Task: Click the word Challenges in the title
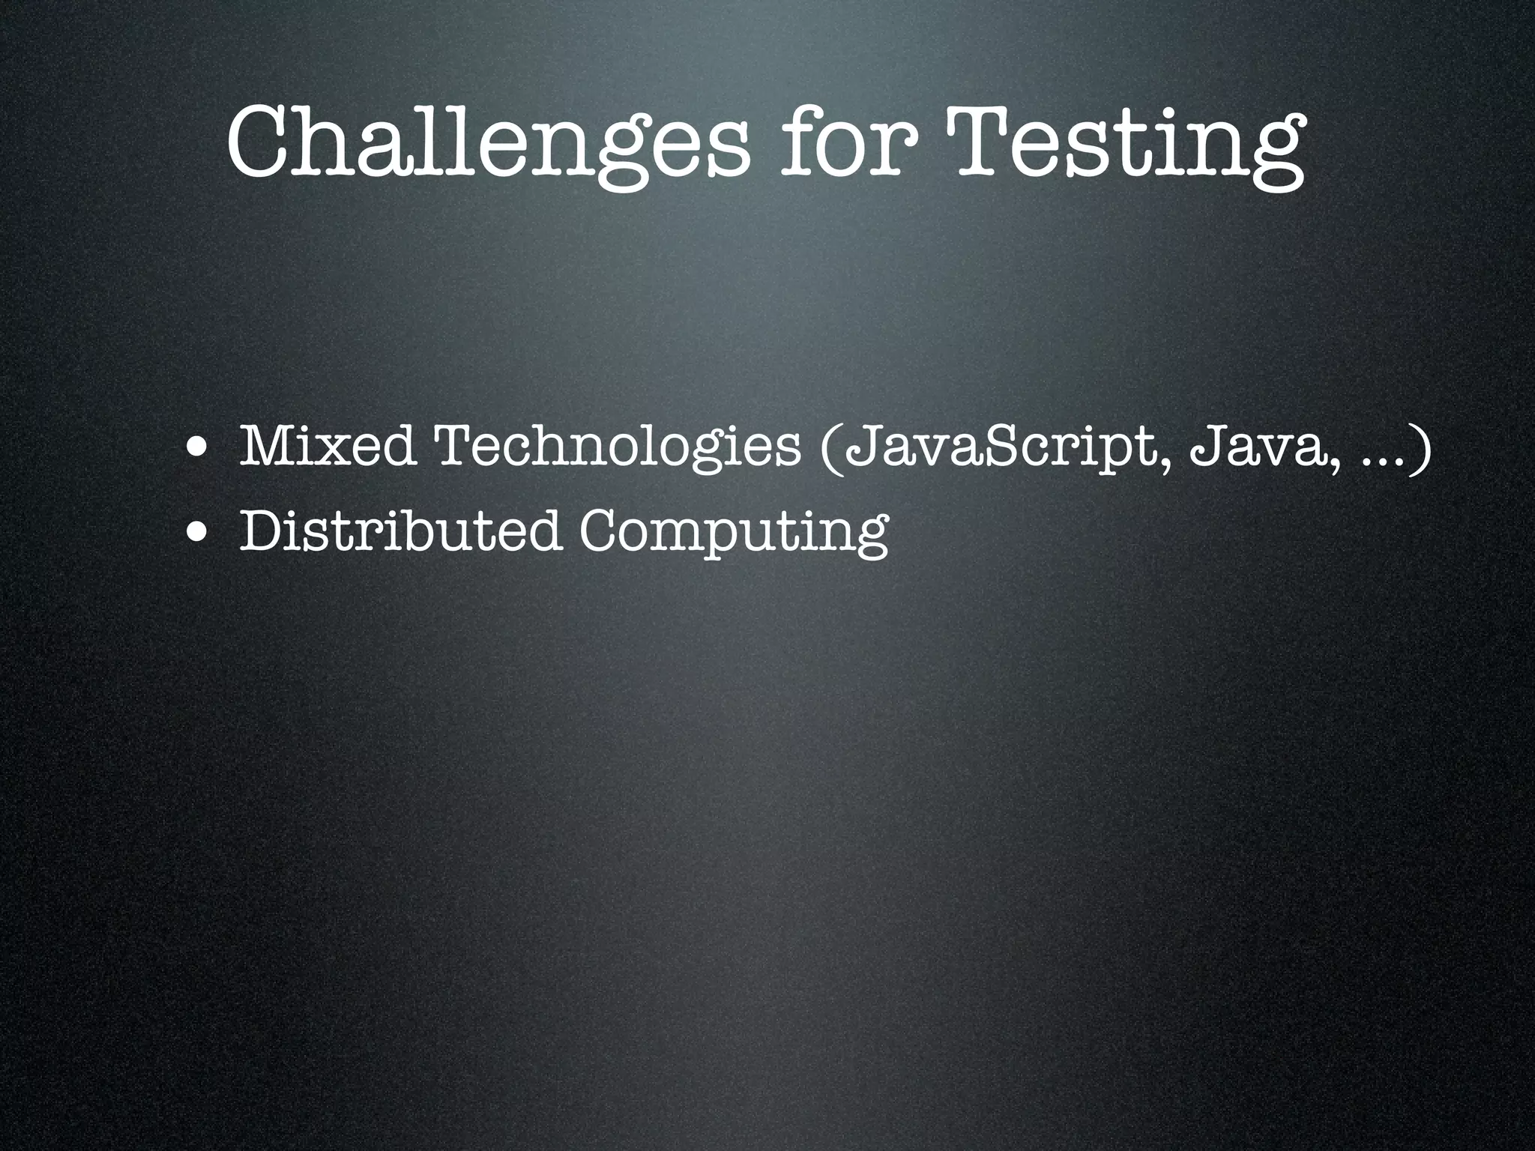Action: [x=488, y=142]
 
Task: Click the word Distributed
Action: [x=400, y=531]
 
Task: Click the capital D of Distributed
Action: [x=263, y=531]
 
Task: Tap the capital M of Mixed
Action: [x=266, y=447]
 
